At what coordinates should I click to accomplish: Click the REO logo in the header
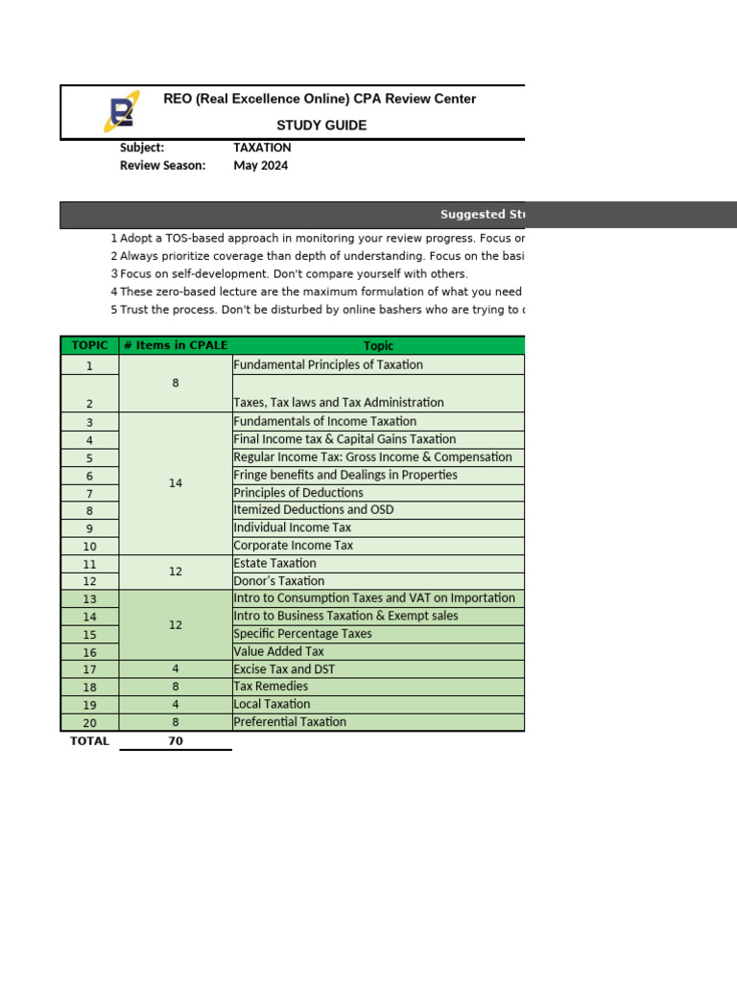click(x=121, y=111)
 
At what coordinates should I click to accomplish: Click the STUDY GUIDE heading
click(x=321, y=126)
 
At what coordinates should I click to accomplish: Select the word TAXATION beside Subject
click(x=262, y=148)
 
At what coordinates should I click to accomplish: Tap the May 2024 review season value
click(x=260, y=166)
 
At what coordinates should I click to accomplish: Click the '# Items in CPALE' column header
click(x=176, y=345)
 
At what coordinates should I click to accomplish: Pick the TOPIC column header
click(x=89, y=345)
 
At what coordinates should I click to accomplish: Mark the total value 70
click(x=176, y=741)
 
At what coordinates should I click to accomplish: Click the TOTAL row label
click(x=89, y=741)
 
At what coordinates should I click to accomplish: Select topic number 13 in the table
click(x=89, y=598)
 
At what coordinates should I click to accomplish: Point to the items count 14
click(x=176, y=483)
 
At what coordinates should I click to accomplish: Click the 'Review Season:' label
click(x=162, y=166)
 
